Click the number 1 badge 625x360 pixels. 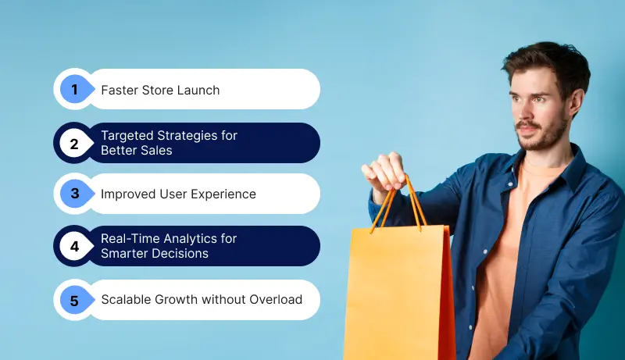(75, 90)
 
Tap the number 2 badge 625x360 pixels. (75, 143)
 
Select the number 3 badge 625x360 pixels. (75, 194)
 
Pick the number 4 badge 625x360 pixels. (75, 247)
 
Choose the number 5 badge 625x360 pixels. (75, 300)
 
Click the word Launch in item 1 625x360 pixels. (198, 90)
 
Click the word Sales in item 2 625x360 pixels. (156, 150)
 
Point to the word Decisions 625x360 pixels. (180, 253)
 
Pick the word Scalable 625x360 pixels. (125, 300)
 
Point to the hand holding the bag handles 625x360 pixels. (385, 170)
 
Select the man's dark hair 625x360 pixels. (547, 59)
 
